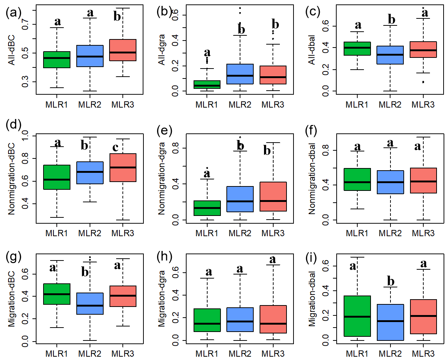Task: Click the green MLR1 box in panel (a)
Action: tap(57, 60)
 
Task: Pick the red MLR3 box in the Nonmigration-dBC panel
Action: tap(123, 168)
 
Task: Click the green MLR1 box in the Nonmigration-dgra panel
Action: tap(208, 208)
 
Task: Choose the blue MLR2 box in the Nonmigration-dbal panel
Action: tap(390, 182)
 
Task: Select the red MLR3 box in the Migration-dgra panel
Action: tap(273, 319)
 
